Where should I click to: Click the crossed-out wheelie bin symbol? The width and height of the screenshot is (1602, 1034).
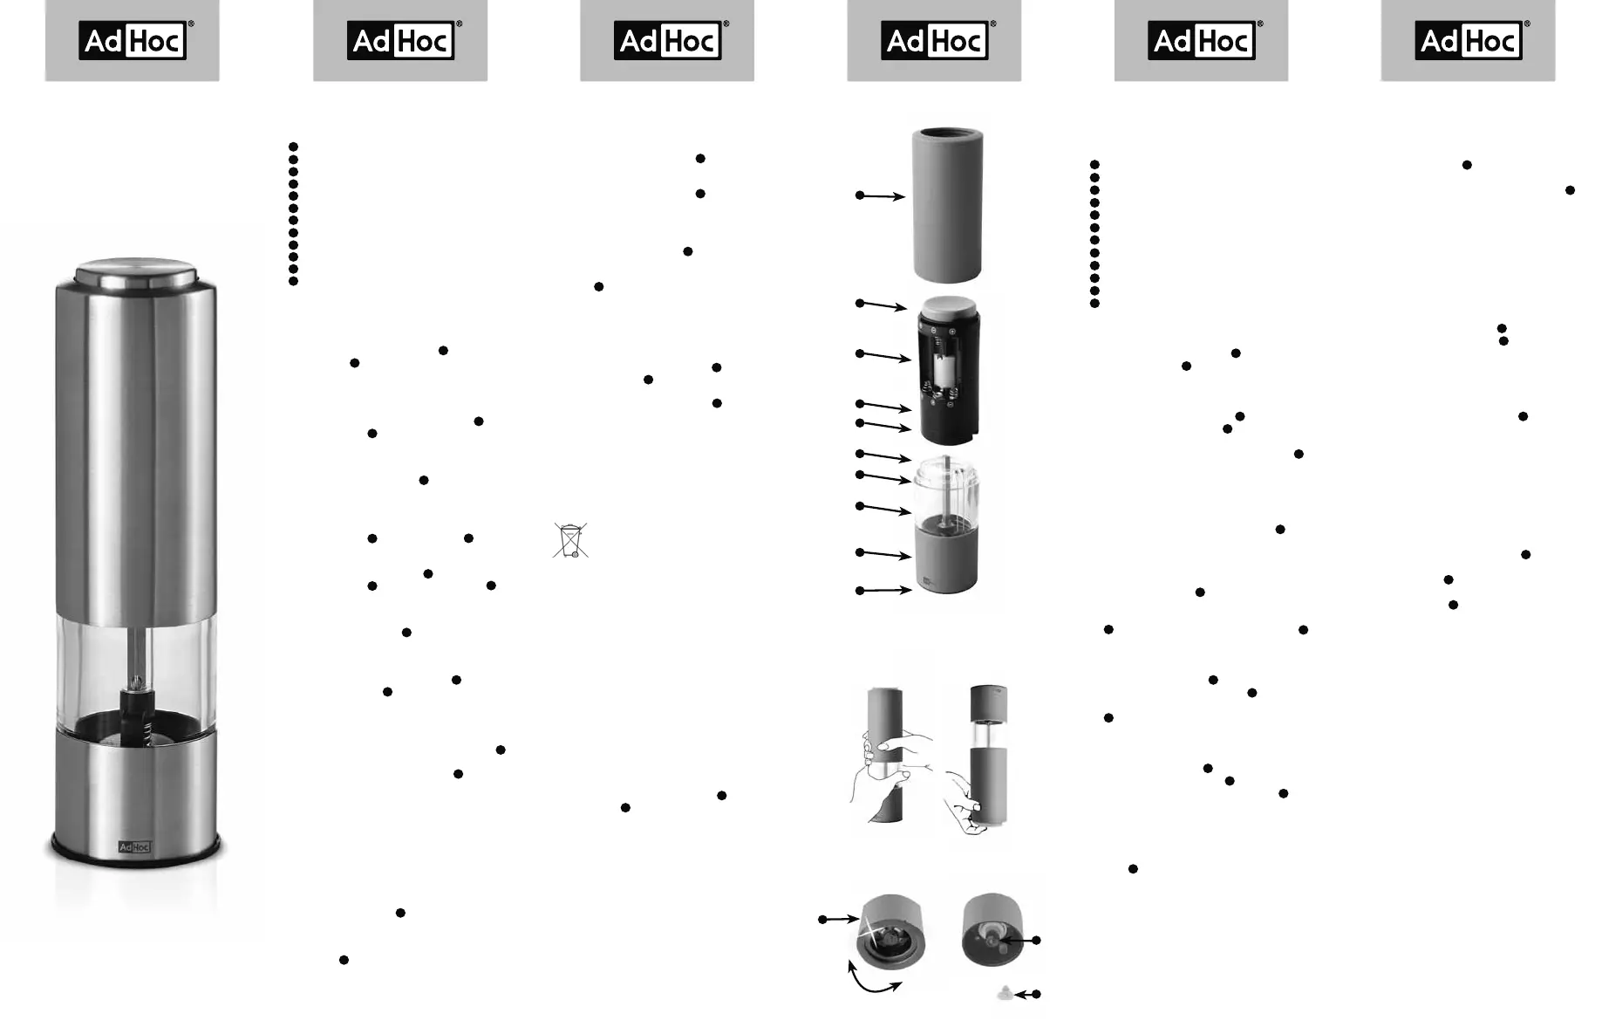click(x=570, y=540)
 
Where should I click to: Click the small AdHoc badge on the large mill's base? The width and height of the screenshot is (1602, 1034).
click(x=134, y=846)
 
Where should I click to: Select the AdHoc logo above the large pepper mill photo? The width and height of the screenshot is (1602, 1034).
click(x=133, y=41)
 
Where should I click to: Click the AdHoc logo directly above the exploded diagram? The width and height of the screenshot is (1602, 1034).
click(x=934, y=41)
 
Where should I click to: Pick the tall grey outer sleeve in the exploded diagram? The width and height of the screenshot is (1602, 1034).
click(x=947, y=205)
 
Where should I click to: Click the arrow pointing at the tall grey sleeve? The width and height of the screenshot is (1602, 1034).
click(x=881, y=195)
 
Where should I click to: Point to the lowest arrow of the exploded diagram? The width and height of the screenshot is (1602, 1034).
click(x=883, y=591)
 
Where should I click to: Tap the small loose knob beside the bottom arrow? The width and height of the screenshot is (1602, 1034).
click(x=1005, y=993)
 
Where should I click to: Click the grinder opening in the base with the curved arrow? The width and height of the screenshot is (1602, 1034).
click(x=890, y=941)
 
